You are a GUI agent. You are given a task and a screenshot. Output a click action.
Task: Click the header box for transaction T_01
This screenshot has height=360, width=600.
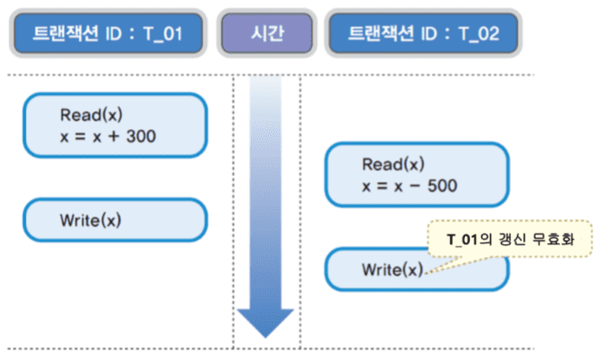click(108, 35)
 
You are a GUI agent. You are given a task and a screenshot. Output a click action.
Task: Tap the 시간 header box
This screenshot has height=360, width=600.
click(266, 35)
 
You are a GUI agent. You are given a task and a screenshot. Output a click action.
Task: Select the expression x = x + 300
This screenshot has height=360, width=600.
click(107, 135)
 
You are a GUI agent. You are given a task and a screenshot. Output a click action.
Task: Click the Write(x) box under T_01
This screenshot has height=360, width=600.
click(114, 220)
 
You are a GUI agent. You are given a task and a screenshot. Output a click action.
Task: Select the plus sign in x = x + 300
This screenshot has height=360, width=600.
click(108, 135)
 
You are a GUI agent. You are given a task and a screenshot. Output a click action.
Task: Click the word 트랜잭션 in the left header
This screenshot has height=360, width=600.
click(65, 35)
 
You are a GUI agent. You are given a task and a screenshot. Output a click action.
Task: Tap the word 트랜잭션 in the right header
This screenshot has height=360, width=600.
click(381, 35)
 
